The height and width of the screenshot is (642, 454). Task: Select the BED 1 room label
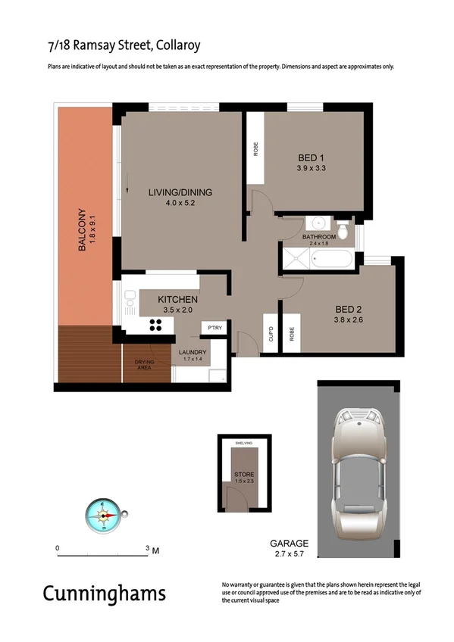click(311, 158)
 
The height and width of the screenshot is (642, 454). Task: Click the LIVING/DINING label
click(180, 193)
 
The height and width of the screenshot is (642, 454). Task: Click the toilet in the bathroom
click(343, 229)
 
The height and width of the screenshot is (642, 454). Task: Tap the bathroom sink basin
click(317, 224)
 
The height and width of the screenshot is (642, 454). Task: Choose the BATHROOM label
click(318, 237)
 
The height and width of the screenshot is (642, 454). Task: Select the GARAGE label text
click(290, 544)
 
